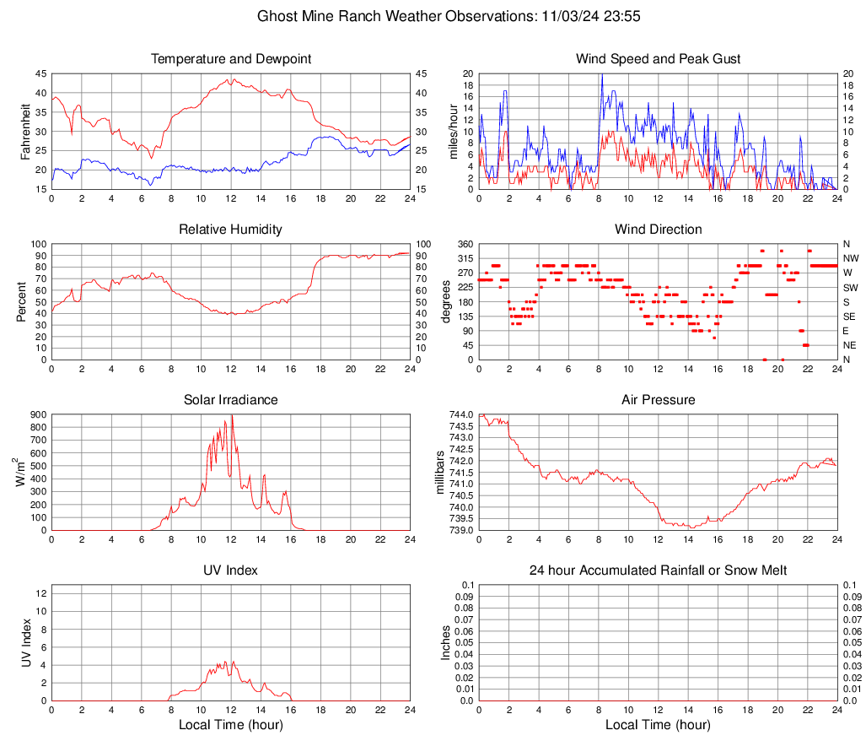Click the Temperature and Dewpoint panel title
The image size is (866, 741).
(230, 59)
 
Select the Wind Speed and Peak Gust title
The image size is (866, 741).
(658, 59)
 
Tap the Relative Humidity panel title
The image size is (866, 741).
(230, 230)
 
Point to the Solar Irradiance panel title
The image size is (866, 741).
(230, 400)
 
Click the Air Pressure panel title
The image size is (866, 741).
(658, 400)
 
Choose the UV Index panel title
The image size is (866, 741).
(230, 571)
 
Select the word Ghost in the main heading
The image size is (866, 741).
(277, 16)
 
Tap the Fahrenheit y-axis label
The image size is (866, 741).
(25, 131)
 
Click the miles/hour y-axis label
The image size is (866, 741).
(453, 131)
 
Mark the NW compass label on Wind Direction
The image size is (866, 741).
(851, 258)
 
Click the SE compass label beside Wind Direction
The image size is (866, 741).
(850, 316)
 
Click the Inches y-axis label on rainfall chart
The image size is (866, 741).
(447, 642)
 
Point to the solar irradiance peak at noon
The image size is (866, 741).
(232, 416)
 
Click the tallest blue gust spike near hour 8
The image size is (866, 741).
(602, 75)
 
